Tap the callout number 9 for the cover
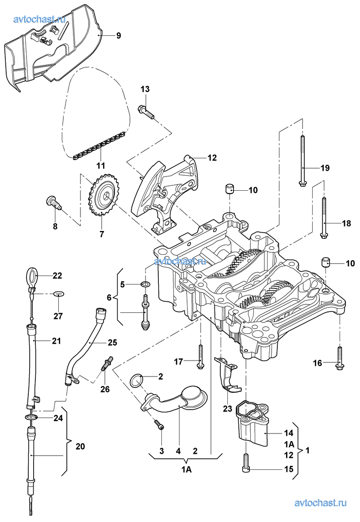click(119, 36)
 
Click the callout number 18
click(346, 223)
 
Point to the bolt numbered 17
click(200, 358)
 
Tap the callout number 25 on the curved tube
click(112, 342)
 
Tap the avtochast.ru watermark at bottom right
click(320, 503)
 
